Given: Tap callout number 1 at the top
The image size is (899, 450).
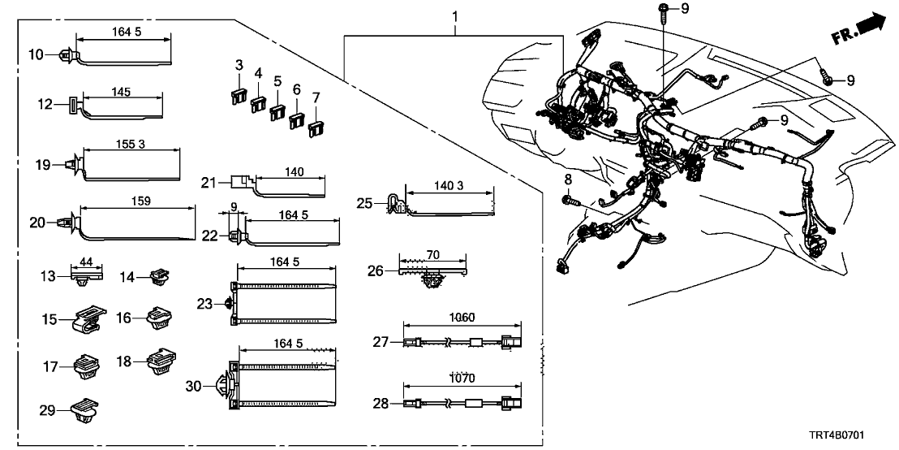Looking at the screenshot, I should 454,16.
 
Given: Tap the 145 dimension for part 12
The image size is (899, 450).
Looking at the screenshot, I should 123,92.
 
